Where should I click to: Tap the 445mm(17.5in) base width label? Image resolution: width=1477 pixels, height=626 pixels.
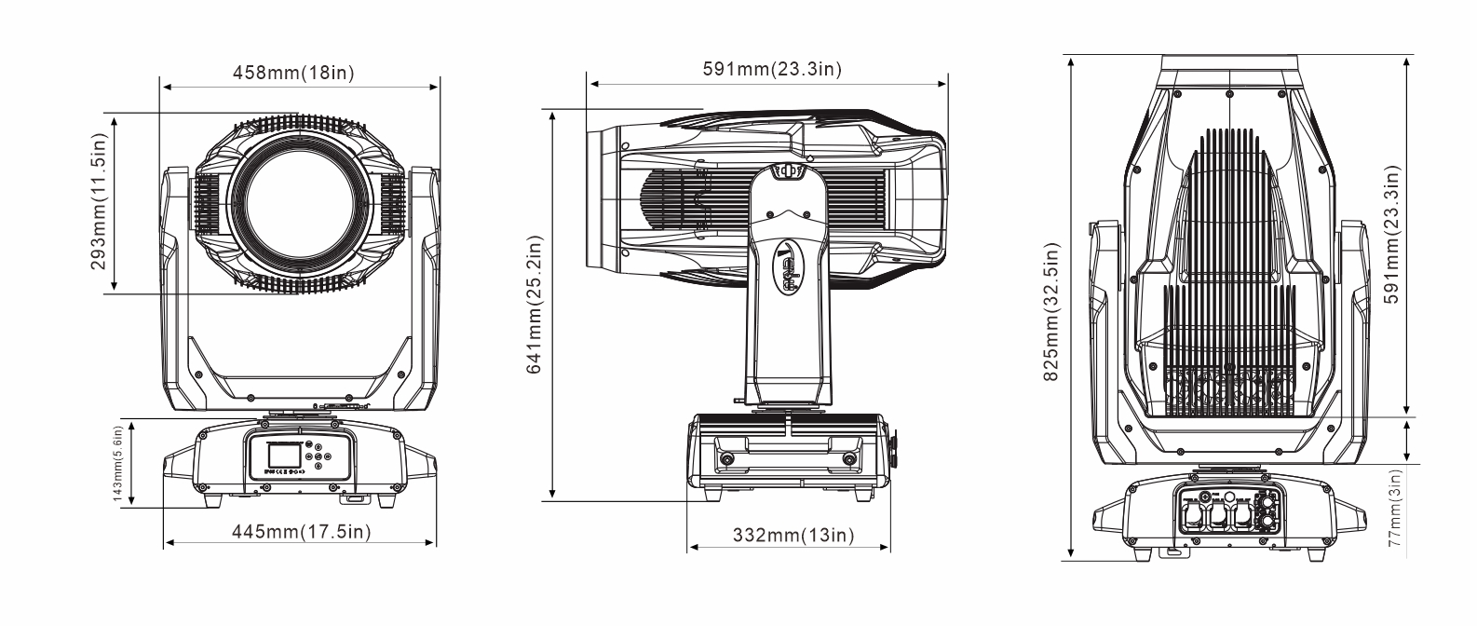[301, 531]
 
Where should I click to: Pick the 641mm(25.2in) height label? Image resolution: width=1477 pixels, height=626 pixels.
[535, 304]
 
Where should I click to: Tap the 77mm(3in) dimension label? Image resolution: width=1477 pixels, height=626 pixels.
[1394, 512]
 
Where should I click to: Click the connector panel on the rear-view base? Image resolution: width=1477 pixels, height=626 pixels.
[1227, 514]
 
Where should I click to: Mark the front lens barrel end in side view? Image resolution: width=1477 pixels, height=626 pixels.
[602, 196]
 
